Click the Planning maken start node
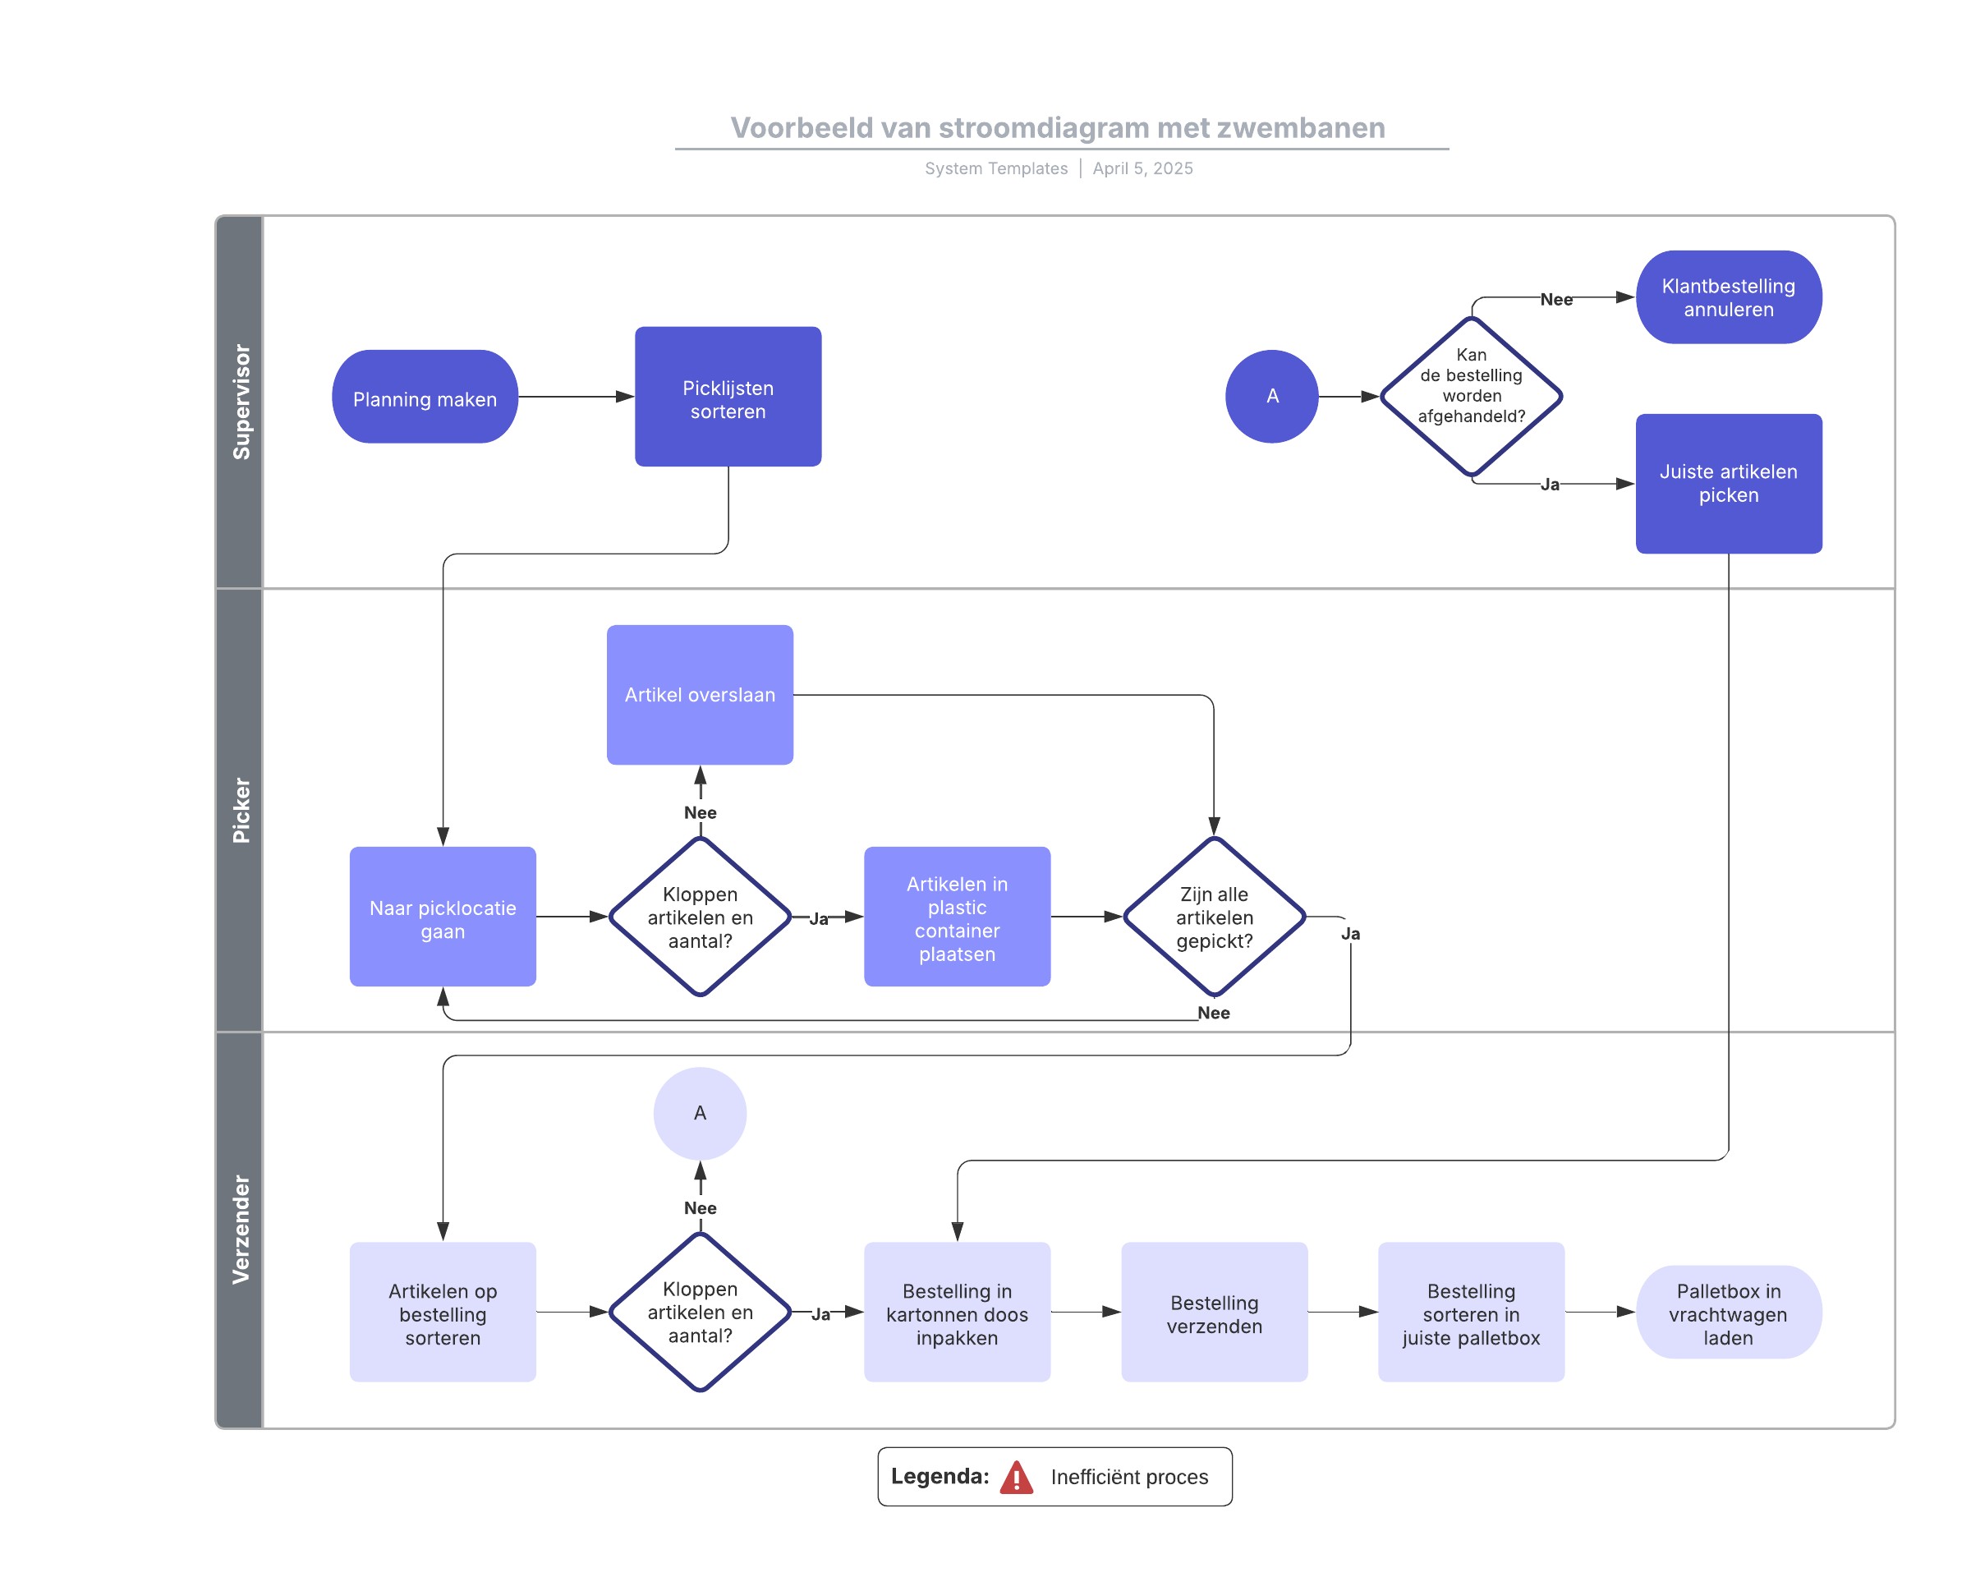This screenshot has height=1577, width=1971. [425, 397]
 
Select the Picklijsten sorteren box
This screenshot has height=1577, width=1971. [728, 397]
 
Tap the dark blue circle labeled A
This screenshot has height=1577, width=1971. [1271, 397]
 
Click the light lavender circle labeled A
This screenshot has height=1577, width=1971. [700, 1114]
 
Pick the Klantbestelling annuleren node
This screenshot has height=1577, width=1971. [1728, 297]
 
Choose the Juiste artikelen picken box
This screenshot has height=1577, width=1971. [1728, 484]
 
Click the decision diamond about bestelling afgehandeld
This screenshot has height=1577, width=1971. [1471, 397]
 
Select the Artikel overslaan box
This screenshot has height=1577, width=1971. [700, 695]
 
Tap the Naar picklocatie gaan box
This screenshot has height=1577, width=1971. [443, 916]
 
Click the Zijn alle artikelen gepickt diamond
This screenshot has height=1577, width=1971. [1214, 916]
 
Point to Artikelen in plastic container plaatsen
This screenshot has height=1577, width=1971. [957, 916]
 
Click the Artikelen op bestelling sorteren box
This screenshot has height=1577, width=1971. [443, 1312]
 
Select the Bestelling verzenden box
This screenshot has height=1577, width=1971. [1214, 1312]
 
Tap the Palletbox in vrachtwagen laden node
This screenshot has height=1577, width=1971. [1728, 1312]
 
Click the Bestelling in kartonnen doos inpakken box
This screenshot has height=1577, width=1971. [957, 1312]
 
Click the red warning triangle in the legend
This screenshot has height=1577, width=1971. [1017, 1478]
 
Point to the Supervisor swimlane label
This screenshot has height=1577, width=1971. [241, 402]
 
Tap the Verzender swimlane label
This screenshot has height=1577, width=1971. [241, 1230]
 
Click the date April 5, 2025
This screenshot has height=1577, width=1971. [1142, 168]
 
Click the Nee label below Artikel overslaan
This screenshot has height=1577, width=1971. [701, 812]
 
